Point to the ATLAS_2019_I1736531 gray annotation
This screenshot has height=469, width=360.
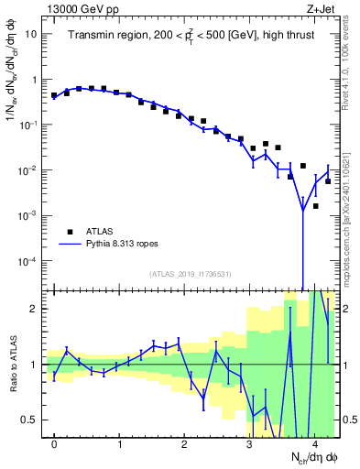pyautogui.click(x=191, y=274)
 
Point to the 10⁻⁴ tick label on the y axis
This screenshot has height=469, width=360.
pyautogui.click(x=27, y=261)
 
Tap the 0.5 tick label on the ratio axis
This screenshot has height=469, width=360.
pyautogui.click(x=29, y=420)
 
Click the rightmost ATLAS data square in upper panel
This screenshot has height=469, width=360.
pyautogui.click(x=328, y=181)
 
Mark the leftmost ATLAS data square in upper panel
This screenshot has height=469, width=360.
pyautogui.click(x=54, y=95)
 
